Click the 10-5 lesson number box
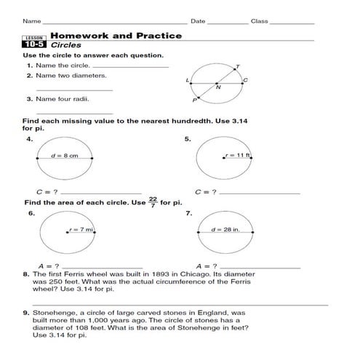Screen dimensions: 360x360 [x=33, y=44]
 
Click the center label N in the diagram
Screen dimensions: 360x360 [x=218, y=88]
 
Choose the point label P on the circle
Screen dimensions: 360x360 [x=193, y=100]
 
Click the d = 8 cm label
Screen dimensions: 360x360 [x=64, y=156]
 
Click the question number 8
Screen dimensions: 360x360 [x=25, y=275]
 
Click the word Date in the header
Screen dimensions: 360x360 [x=198, y=21]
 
